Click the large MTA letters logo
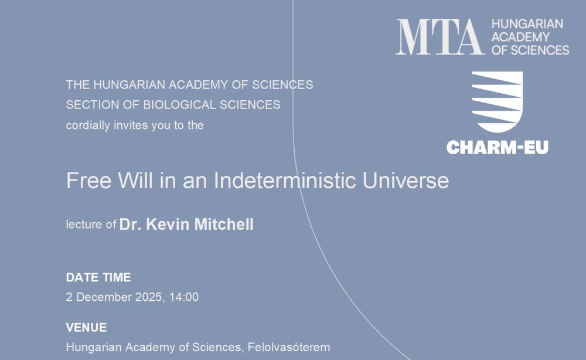[440, 37]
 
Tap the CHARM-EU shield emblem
[497, 101]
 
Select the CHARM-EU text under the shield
[497, 147]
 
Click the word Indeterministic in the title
[285, 180]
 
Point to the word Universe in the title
[406, 180]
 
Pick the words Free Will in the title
[110, 180]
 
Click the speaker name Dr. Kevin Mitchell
[186, 225]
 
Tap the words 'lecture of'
[91, 225]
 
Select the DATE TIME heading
[98, 277]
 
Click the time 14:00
[184, 297]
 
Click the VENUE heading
[86, 328]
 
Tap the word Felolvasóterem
[289, 347]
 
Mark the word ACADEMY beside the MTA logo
[520, 37]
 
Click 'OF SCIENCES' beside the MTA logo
[530, 50]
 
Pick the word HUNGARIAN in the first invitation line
[130, 85]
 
